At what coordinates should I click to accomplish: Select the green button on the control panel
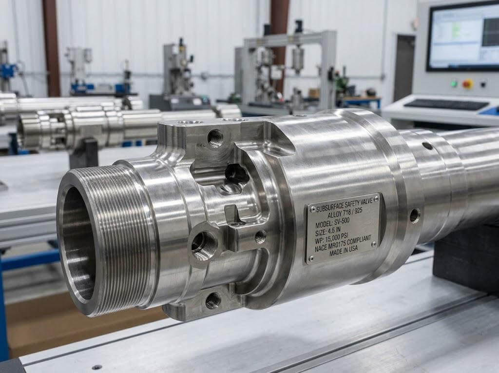454,83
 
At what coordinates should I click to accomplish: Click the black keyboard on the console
446,104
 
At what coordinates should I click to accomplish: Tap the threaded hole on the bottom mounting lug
212,300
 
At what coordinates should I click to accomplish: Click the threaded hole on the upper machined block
215,138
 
